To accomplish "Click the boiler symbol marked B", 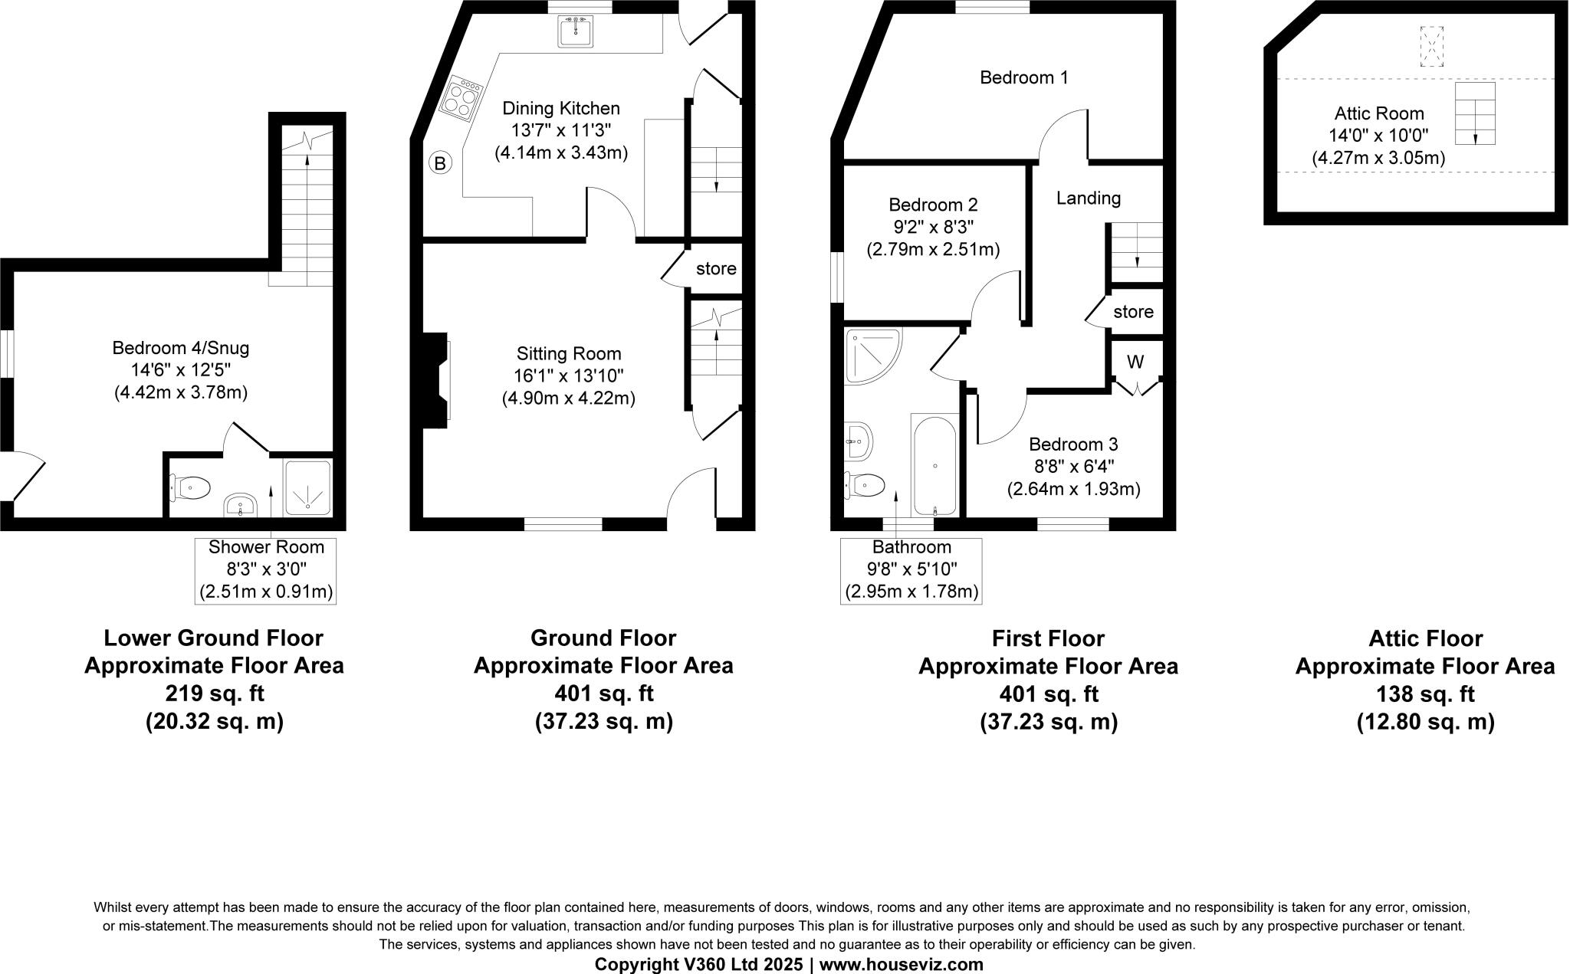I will click(x=440, y=163).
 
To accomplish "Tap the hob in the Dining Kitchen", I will click(x=463, y=97).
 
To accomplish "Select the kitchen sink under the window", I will click(x=575, y=32).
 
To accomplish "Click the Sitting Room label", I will click(x=568, y=354).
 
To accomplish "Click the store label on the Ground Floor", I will click(x=716, y=269).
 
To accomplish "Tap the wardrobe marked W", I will click(x=1135, y=362).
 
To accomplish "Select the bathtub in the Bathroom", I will click(x=934, y=465).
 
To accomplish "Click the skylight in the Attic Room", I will click(x=1430, y=47).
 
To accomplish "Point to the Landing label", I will click(x=1088, y=198).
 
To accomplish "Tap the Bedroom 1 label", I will click(x=1023, y=77).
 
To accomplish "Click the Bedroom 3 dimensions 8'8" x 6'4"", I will click(x=1073, y=466).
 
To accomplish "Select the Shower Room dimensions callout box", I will click(x=266, y=569).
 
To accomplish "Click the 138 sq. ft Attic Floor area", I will click(x=1425, y=694).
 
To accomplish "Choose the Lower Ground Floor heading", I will click(x=213, y=638).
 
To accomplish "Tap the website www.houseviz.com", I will click(x=901, y=964).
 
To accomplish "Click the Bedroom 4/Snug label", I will click(x=181, y=348).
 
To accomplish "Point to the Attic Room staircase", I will click(x=1474, y=113).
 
